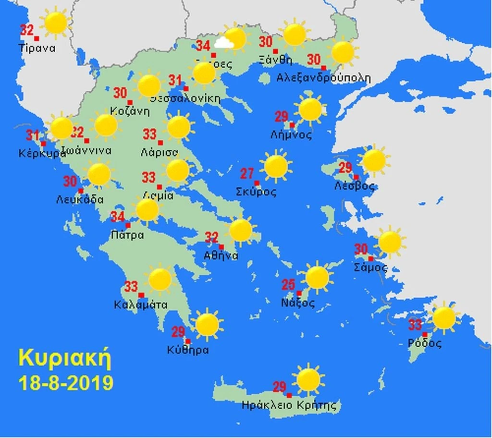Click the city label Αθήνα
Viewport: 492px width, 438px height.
221,256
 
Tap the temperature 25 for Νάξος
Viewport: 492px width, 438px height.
288,284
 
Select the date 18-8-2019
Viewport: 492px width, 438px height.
66,383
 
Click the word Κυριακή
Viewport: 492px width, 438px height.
65,358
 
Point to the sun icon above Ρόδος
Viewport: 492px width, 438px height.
443,318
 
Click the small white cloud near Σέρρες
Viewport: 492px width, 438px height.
223,44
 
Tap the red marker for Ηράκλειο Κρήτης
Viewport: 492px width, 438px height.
289,395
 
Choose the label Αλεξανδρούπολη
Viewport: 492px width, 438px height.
324,77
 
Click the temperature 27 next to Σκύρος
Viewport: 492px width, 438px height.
247,173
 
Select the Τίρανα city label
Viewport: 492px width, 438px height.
37,48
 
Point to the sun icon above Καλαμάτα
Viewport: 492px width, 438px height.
160,280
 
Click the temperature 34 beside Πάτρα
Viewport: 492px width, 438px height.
118,217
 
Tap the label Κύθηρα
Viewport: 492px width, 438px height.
188,350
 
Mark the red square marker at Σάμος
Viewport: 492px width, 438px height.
370,259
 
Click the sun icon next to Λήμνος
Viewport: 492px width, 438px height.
310,109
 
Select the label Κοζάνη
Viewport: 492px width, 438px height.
129,110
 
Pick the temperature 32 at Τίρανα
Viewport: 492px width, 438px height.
27,30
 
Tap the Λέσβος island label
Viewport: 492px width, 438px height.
354,186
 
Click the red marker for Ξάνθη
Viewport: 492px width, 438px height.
276,51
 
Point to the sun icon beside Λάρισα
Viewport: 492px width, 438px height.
179,127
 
